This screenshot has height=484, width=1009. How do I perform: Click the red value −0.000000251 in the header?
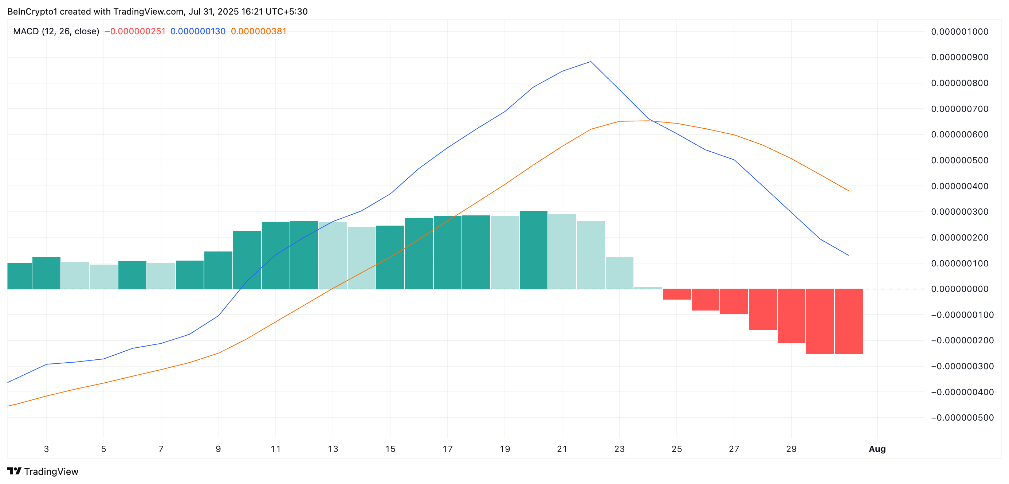pos(135,31)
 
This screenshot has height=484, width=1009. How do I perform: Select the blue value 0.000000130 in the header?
pos(198,31)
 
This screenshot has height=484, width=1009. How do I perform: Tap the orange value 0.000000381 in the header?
pos(259,31)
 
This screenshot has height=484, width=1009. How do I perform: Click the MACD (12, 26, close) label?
pos(56,31)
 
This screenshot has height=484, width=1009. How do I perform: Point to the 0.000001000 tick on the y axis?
pos(960,32)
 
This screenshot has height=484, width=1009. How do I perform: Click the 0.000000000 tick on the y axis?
pos(960,289)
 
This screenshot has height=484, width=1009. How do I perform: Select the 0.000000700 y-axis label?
pos(960,109)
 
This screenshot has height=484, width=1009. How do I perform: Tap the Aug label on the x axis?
pos(877,449)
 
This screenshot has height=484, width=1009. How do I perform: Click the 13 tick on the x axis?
pos(333,449)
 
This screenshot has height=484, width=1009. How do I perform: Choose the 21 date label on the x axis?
pos(562,449)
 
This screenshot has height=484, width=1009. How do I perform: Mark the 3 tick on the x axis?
pos(46,449)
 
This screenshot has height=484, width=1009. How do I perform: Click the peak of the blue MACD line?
pos(591,62)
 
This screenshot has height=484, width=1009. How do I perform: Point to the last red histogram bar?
pos(849,321)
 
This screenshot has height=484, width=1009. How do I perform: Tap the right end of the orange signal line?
pos(848,191)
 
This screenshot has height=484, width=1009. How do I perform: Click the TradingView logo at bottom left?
pos(43,472)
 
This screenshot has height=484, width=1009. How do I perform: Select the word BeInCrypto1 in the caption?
pos(32,12)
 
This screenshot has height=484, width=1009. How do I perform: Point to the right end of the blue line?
pos(848,255)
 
